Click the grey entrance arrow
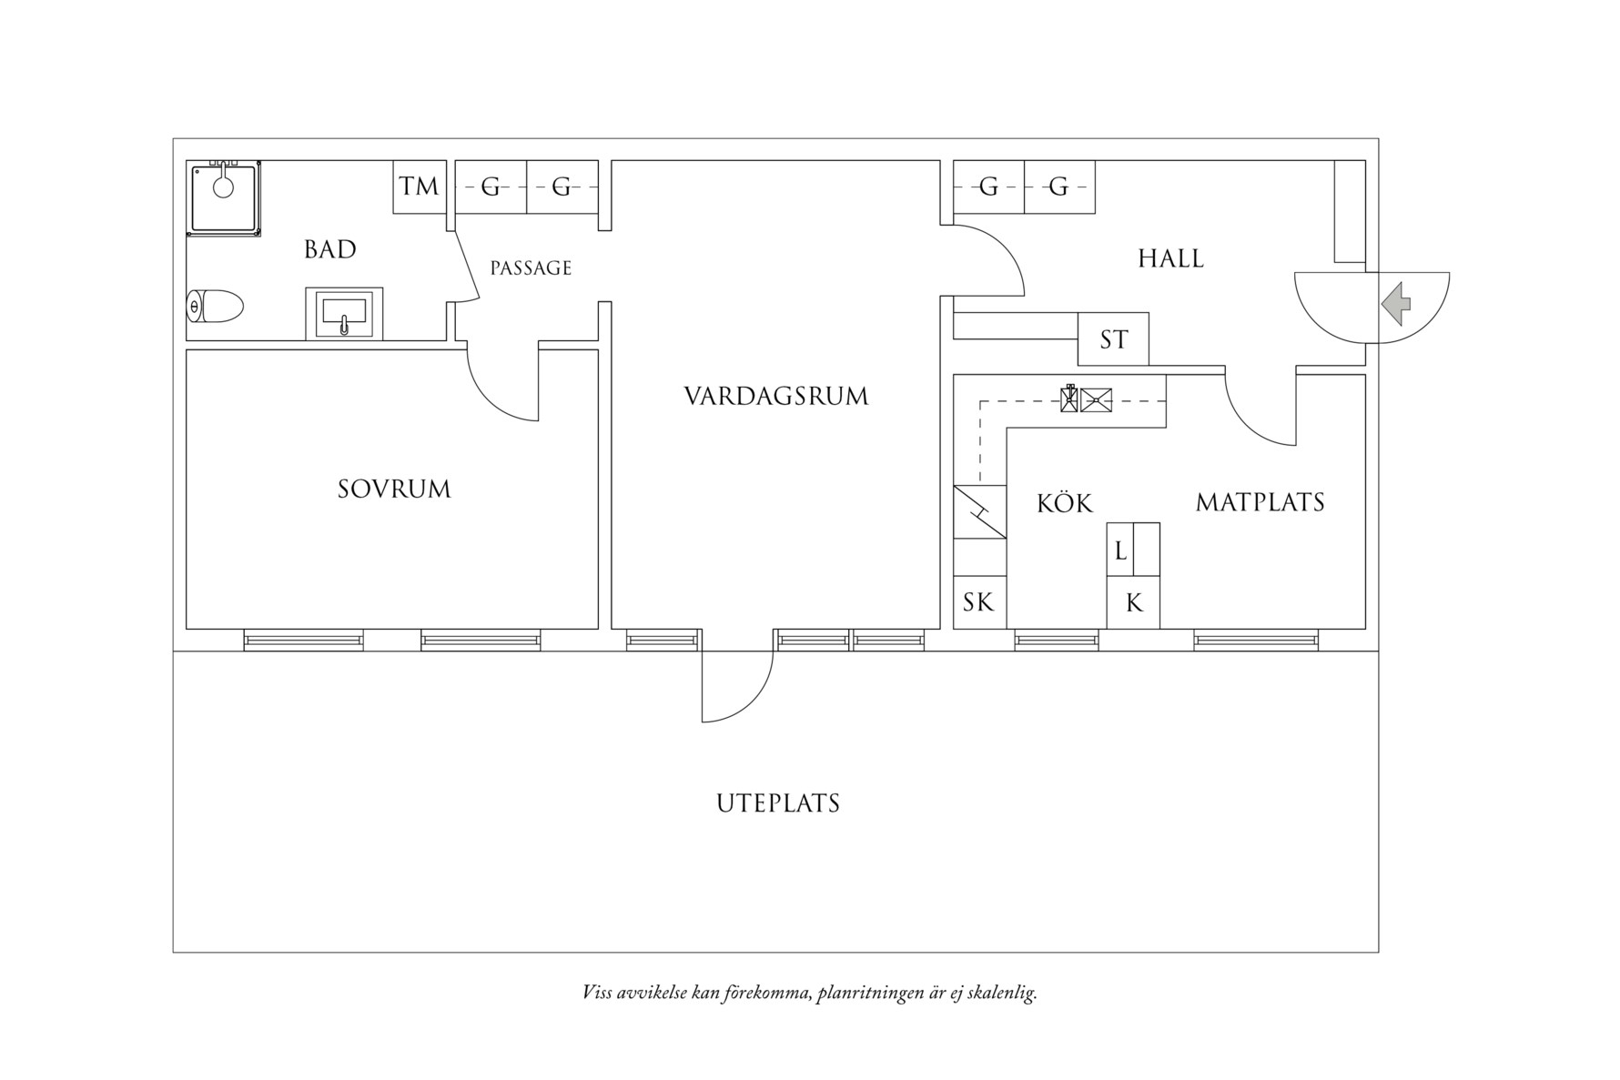[1396, 303]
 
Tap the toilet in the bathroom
[216, 307]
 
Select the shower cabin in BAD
[224, 197]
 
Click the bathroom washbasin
[344, 313]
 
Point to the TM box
[420, 187]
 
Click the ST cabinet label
[1113, 339]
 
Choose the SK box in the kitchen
[979, 601]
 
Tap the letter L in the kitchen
[1120, 550]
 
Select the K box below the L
[1133, 602]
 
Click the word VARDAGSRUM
[776, 397]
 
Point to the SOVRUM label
[394, 490]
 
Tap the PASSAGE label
[531, 268]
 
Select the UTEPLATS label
[777, 804]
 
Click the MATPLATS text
[1260, 502]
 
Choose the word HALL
[1170, 259]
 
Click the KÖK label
[1064, 503]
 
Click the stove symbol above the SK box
[979, 512]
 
